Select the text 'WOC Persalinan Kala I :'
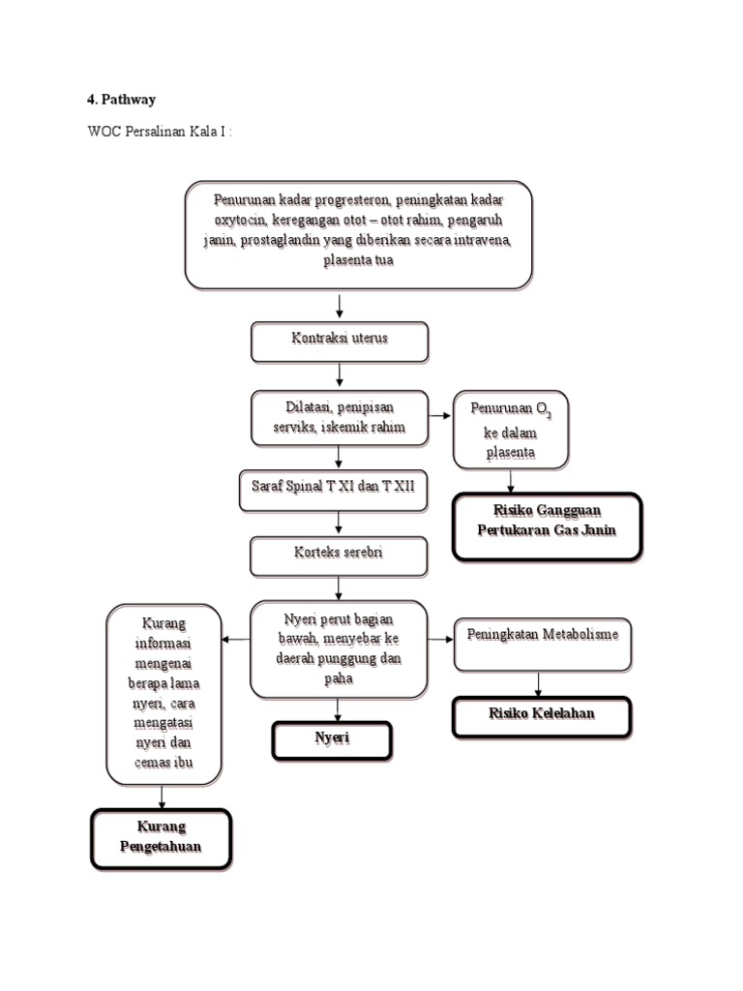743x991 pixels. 159,131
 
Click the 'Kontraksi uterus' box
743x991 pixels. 339,341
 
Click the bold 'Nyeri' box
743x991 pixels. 332,740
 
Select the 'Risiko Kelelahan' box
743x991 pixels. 541,716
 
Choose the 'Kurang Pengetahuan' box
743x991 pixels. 161,837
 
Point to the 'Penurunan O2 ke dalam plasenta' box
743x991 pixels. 510,430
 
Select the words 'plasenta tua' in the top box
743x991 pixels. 357,261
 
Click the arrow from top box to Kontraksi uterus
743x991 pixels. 340,306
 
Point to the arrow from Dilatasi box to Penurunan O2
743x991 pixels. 441,415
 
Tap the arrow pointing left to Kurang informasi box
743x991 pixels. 235,640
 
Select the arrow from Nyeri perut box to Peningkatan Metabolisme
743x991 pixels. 440,639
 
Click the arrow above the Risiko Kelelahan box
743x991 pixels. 539,684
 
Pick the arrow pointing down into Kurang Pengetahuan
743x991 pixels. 162,796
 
